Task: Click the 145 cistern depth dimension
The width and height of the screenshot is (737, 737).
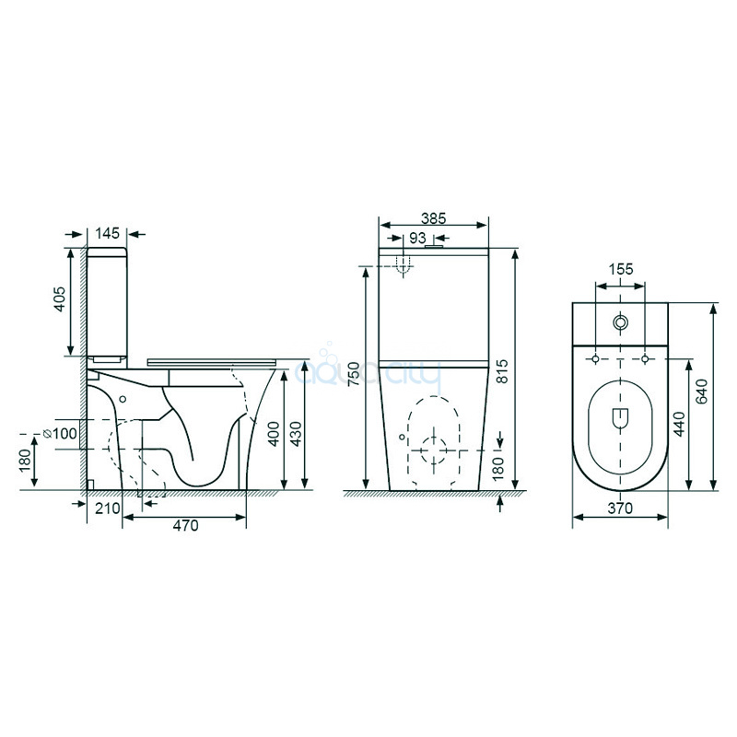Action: coord(108,233)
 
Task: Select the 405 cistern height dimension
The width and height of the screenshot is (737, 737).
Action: coord(60,298)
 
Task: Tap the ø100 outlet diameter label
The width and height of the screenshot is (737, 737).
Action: coord(60,433)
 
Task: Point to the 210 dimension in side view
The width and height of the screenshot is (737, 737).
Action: coord(108,509)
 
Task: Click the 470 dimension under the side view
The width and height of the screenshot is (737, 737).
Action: coord(186,525)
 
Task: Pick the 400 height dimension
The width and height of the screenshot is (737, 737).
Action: coord(273,433)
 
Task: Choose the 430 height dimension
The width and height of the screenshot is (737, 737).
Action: coord(296,433)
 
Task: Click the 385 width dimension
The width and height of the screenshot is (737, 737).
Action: coord(433,218)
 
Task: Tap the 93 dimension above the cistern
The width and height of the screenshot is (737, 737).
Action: coord(417,239)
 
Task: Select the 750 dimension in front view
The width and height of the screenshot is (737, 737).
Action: coord(354,374)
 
